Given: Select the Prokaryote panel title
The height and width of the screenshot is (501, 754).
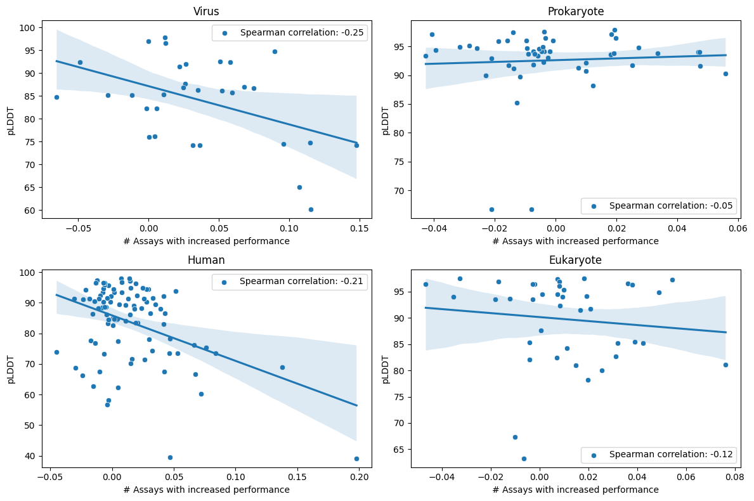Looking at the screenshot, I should (575, 11).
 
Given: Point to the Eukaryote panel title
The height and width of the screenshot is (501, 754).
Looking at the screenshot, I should (575, 260).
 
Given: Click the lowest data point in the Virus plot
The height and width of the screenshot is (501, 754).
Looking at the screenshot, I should (311, 209).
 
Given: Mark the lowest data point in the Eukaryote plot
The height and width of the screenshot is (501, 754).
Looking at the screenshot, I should (524, 459).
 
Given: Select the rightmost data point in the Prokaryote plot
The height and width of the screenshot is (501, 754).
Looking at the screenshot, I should (725, 74).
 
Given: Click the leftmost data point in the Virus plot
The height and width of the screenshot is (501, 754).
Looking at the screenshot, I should (56, 97).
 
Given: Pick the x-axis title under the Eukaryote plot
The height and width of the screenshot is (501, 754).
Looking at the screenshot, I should (575, 490).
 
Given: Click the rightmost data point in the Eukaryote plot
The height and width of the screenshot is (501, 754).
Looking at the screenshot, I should (725, 365).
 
